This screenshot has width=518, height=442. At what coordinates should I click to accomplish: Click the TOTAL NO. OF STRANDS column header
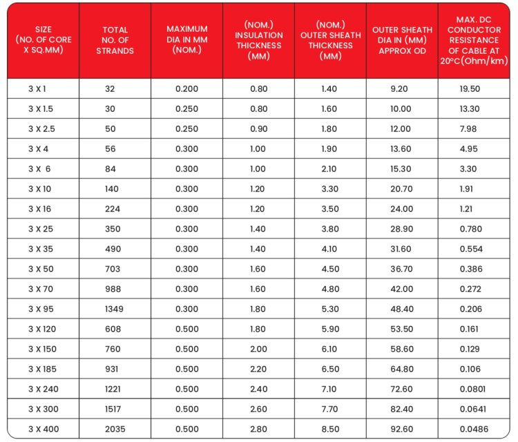[115, 41]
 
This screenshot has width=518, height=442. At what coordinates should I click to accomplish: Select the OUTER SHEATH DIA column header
[402, 41]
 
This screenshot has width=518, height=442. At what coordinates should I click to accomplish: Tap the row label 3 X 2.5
[42, 129]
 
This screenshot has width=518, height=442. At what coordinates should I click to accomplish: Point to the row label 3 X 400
[42, 429]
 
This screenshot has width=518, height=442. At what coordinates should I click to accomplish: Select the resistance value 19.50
[470, 89]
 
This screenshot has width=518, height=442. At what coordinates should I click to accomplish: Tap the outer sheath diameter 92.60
[401, 429]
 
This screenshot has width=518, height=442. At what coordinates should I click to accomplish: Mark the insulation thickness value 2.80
[258, 429]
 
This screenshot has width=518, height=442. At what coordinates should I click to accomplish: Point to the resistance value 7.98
[468, 129]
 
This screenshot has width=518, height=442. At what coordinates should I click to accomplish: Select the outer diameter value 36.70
[401, 269]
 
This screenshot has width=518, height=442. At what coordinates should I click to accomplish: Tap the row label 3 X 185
[42, 369]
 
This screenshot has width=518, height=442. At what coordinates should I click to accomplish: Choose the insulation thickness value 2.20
[258, 369]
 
